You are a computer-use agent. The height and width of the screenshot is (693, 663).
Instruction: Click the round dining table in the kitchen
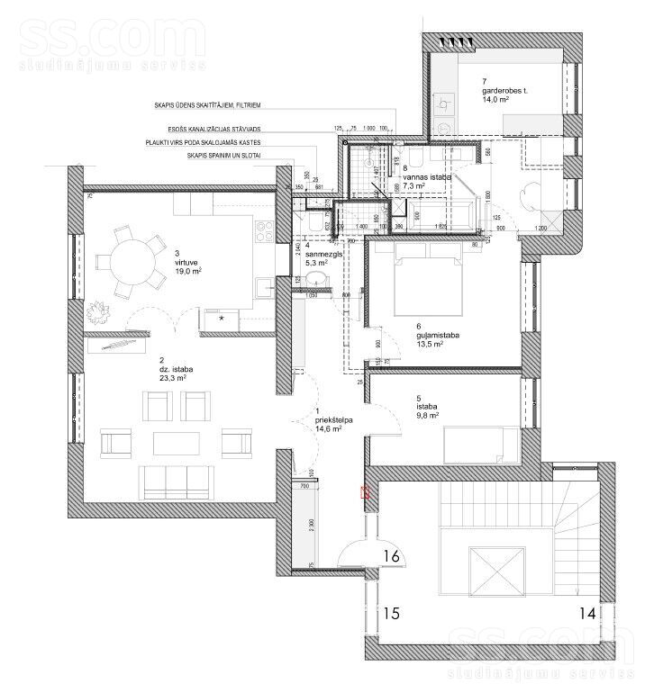pos(133,261)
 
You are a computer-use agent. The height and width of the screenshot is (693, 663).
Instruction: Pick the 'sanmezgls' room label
pos(323,255)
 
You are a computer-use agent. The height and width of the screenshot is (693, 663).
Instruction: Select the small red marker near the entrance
pos(364,492)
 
